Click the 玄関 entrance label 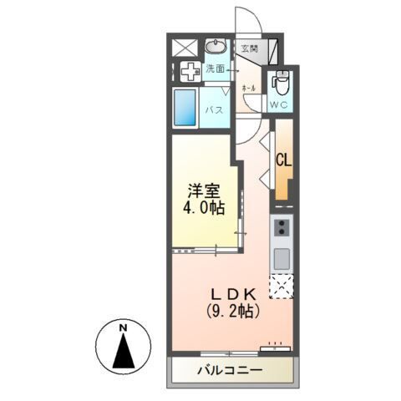click(x=250, y=49)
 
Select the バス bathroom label click(x=214, y=109)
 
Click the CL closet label click(x=283, y=160)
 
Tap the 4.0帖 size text click(x=204, y=210)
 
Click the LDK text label click(x=234, y=294)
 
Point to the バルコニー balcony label click(x=230, y=370)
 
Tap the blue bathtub click(x=185, y=109)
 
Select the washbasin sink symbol click(x=216, y=46)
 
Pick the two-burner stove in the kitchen click(x=282, y=228)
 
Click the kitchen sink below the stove click(x=282, y=256)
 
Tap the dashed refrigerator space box click(x=281, y=285)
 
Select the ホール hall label click(x=248, y=87)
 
